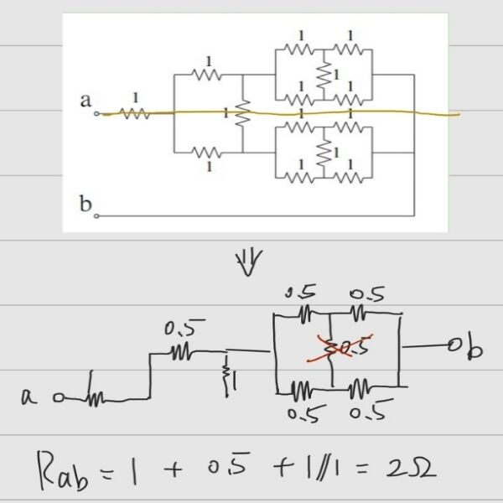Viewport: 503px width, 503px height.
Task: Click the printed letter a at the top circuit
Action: pos(86,101)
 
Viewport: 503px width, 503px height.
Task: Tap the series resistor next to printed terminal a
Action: pos(136,113)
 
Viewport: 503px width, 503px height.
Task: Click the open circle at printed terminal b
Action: pos(96,215)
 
